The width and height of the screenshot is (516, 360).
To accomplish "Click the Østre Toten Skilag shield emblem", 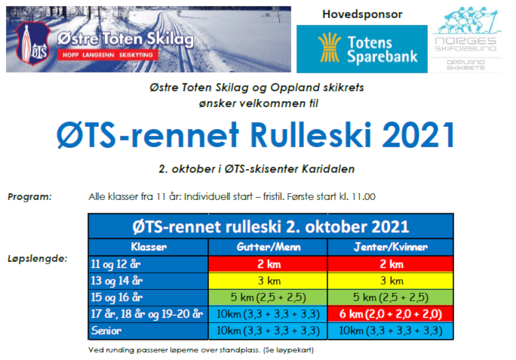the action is tap(32, 44).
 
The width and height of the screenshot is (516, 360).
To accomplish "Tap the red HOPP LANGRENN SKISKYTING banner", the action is tap(108, 55).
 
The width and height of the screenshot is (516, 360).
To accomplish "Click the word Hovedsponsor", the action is tap(362, 14).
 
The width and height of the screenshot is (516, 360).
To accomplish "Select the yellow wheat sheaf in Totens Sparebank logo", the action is tap(330, 48).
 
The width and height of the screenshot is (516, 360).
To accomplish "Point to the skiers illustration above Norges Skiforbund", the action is tap(467, 20).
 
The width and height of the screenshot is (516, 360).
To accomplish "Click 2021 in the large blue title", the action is tap(419, 135).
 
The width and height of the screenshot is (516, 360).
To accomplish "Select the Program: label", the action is tap(30, 197).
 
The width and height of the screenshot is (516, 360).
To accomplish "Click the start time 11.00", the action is tap(364, 197).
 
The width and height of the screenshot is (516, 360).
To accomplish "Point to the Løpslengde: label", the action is tap(38, 259).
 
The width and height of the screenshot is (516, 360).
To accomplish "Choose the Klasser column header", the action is tap(149, 247).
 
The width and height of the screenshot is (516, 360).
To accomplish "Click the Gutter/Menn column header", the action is tap(269, 247).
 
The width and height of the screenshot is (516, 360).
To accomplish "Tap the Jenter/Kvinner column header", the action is tap(391, 247).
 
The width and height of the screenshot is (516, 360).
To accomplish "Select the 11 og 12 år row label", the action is tap(115, 264).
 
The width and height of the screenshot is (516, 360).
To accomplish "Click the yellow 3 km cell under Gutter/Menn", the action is tap(269, 281).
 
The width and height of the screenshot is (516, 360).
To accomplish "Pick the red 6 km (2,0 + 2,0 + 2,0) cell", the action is tap(391, 314).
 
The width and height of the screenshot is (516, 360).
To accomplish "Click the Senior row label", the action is tap(106, 331).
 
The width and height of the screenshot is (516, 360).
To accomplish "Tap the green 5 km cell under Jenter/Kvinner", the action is tap(391, 297).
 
